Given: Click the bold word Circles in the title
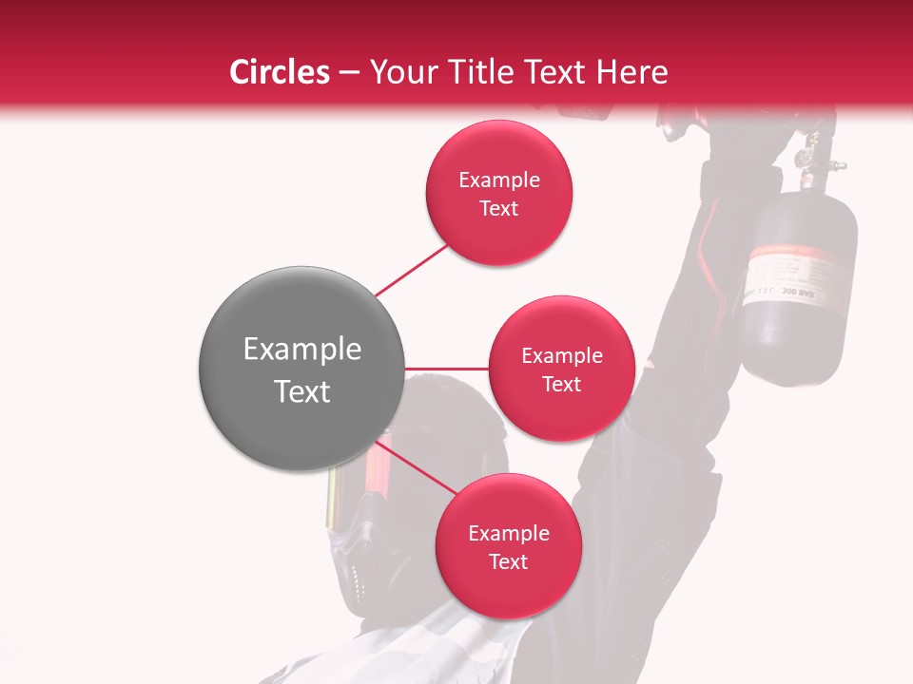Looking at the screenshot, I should pyautogui.click(x=279, y=72).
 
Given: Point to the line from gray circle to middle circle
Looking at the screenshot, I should pyautogui.click(x=446, y=369).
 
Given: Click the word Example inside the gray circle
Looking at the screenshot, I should pyautogui.click(x=301, y=350).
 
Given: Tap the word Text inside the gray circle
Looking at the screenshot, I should pyautogui.click(x=301, y=391).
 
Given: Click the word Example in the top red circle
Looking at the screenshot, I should pyautogui.click(x=498, y=180).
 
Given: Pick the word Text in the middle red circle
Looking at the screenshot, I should pyautogui.click(x=561, y=385).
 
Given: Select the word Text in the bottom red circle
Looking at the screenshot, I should pyautogui.click(x=508, y=562).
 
